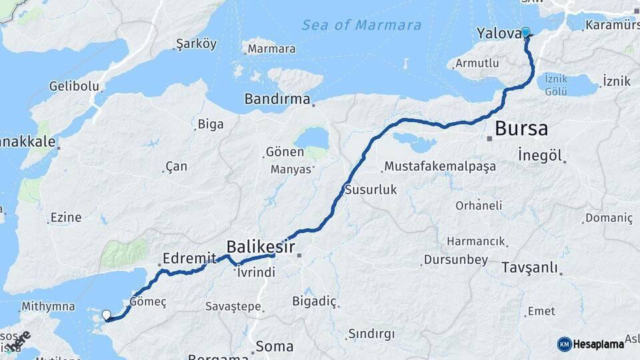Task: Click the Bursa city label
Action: click(521, 128)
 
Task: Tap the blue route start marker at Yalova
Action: click(525, 32)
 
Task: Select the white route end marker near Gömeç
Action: click(106, 315)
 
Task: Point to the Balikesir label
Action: click(260, 244)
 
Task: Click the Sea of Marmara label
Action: click(361, 25)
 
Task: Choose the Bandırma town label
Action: click(277, 99)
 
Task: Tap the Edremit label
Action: click(190, 258)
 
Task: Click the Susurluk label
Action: click(371, 190)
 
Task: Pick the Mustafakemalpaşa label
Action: click(440, 166)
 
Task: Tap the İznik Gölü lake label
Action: click(556, 85)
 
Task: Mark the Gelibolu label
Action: click(74, 87)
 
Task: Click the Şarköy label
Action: click(196, 45)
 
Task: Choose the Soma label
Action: click(275, 346)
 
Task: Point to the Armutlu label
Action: click(477, 63)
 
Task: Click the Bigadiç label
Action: click(315, 301)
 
